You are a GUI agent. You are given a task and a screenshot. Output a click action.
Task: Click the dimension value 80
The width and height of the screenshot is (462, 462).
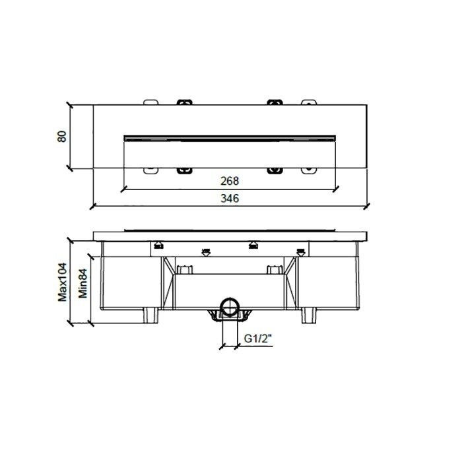[61, 137]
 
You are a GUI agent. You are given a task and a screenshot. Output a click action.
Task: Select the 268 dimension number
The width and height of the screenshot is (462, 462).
[229, 180]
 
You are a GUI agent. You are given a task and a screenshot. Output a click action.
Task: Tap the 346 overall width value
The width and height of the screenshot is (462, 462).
[229, 198]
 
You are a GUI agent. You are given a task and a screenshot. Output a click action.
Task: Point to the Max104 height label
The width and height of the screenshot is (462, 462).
[63, 280]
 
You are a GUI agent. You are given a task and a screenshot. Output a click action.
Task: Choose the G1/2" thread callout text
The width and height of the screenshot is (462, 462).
[257, 339]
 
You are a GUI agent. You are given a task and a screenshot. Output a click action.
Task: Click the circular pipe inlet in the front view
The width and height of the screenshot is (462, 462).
[230, 306]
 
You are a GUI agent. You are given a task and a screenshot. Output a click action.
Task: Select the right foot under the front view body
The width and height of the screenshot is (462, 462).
[308, 315]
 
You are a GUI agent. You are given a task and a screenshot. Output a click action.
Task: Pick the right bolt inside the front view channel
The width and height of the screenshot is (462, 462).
[273, 269]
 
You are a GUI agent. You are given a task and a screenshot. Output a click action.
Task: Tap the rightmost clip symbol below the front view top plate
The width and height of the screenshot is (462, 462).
[301, 251]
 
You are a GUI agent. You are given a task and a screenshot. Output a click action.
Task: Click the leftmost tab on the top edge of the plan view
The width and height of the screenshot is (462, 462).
[151, 102]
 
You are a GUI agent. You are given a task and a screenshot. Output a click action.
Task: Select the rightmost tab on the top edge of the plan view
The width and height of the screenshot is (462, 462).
[308, 102]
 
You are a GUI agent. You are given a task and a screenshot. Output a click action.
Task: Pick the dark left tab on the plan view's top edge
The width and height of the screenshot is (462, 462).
[184, 102]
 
